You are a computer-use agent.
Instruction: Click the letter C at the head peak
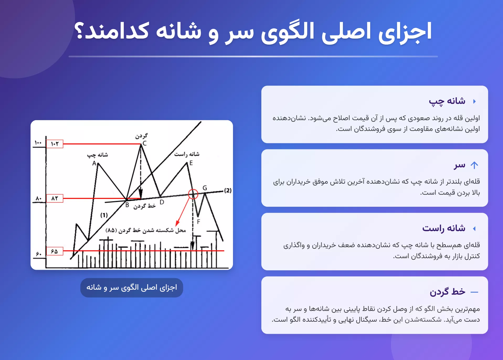(145, 143)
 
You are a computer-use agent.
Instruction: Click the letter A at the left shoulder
(94, 163)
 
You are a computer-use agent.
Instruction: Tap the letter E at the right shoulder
(191, 163)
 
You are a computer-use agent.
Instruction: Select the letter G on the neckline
(205, 188)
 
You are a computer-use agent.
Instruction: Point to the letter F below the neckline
(198, 222)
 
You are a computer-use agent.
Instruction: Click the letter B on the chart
(127, 205)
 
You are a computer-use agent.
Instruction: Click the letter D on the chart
(162, 202)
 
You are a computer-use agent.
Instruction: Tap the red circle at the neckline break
(193, 194)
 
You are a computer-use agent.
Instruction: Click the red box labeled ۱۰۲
(55, 144)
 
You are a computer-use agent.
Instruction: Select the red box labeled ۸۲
(55, 198)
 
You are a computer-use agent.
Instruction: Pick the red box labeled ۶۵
(55, 251)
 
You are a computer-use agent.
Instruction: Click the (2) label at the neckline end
(228, 190)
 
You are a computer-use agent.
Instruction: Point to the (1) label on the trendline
(104, 215)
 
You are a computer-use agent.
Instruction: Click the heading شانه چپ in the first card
(447, 101)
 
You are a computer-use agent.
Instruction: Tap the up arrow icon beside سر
(474, 165)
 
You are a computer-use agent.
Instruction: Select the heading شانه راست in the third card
(443, 228)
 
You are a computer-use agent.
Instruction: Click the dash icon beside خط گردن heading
(474, 292)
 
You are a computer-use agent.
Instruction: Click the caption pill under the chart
(131, 288)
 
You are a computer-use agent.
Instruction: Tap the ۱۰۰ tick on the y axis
(38, 143)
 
